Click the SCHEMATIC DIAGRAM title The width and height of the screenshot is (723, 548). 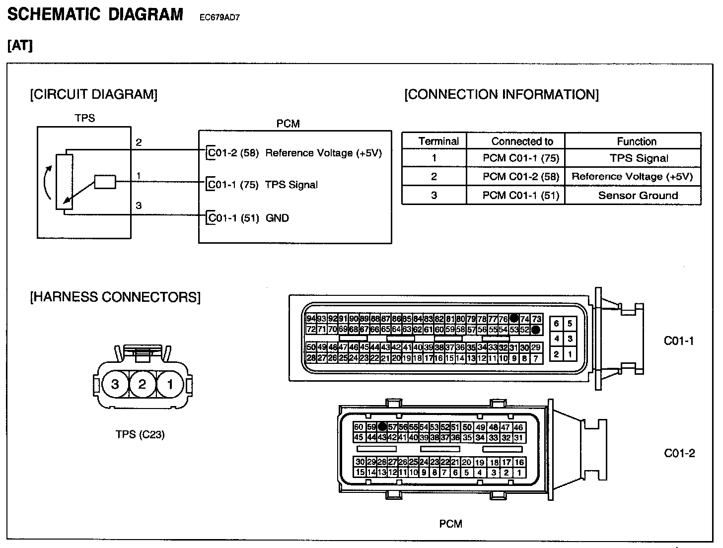point(95,14)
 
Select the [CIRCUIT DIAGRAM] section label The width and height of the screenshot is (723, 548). point(94,94)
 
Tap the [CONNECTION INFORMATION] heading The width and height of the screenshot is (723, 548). point(502,94)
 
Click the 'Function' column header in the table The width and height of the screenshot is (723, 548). point(636,141)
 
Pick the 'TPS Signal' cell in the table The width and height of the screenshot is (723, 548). point(639,158)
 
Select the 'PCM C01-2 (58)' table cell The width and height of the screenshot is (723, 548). point(521,177)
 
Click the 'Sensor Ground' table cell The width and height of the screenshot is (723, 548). point(638,196)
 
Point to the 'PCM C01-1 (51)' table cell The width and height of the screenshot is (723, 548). point(521,196)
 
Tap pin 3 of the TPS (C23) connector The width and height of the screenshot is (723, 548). point(115,384)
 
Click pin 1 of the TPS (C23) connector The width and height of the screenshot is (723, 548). point(170,384)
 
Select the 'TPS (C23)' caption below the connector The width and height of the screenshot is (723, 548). point(140,435)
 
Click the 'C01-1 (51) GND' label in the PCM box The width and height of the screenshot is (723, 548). point(248,218)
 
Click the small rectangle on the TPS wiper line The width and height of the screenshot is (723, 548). point(105,182)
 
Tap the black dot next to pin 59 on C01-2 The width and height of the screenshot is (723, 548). point(382,427)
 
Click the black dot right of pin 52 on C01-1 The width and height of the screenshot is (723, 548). point(536,330)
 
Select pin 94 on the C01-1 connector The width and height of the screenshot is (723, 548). point(311,319)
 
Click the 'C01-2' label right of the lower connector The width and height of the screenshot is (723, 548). point(679,453)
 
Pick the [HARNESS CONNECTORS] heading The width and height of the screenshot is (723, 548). point(115,297)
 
